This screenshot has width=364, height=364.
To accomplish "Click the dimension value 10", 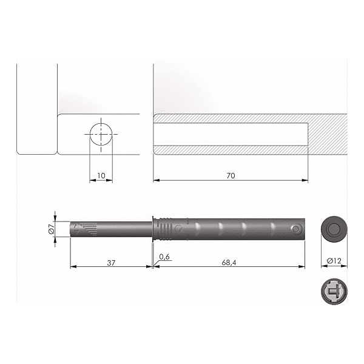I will point(101,176).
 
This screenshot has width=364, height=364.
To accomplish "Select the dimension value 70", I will point(231,176).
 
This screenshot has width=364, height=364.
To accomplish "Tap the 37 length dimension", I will point(110,263).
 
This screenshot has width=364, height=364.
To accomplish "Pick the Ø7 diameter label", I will point(51,229).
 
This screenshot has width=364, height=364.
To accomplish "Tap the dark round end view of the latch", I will point(332,229).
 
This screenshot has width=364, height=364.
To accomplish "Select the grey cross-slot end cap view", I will point(332,291).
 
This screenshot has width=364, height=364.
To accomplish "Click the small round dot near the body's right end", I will point(295,229).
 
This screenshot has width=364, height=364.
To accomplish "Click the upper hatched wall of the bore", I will point(231,118).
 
